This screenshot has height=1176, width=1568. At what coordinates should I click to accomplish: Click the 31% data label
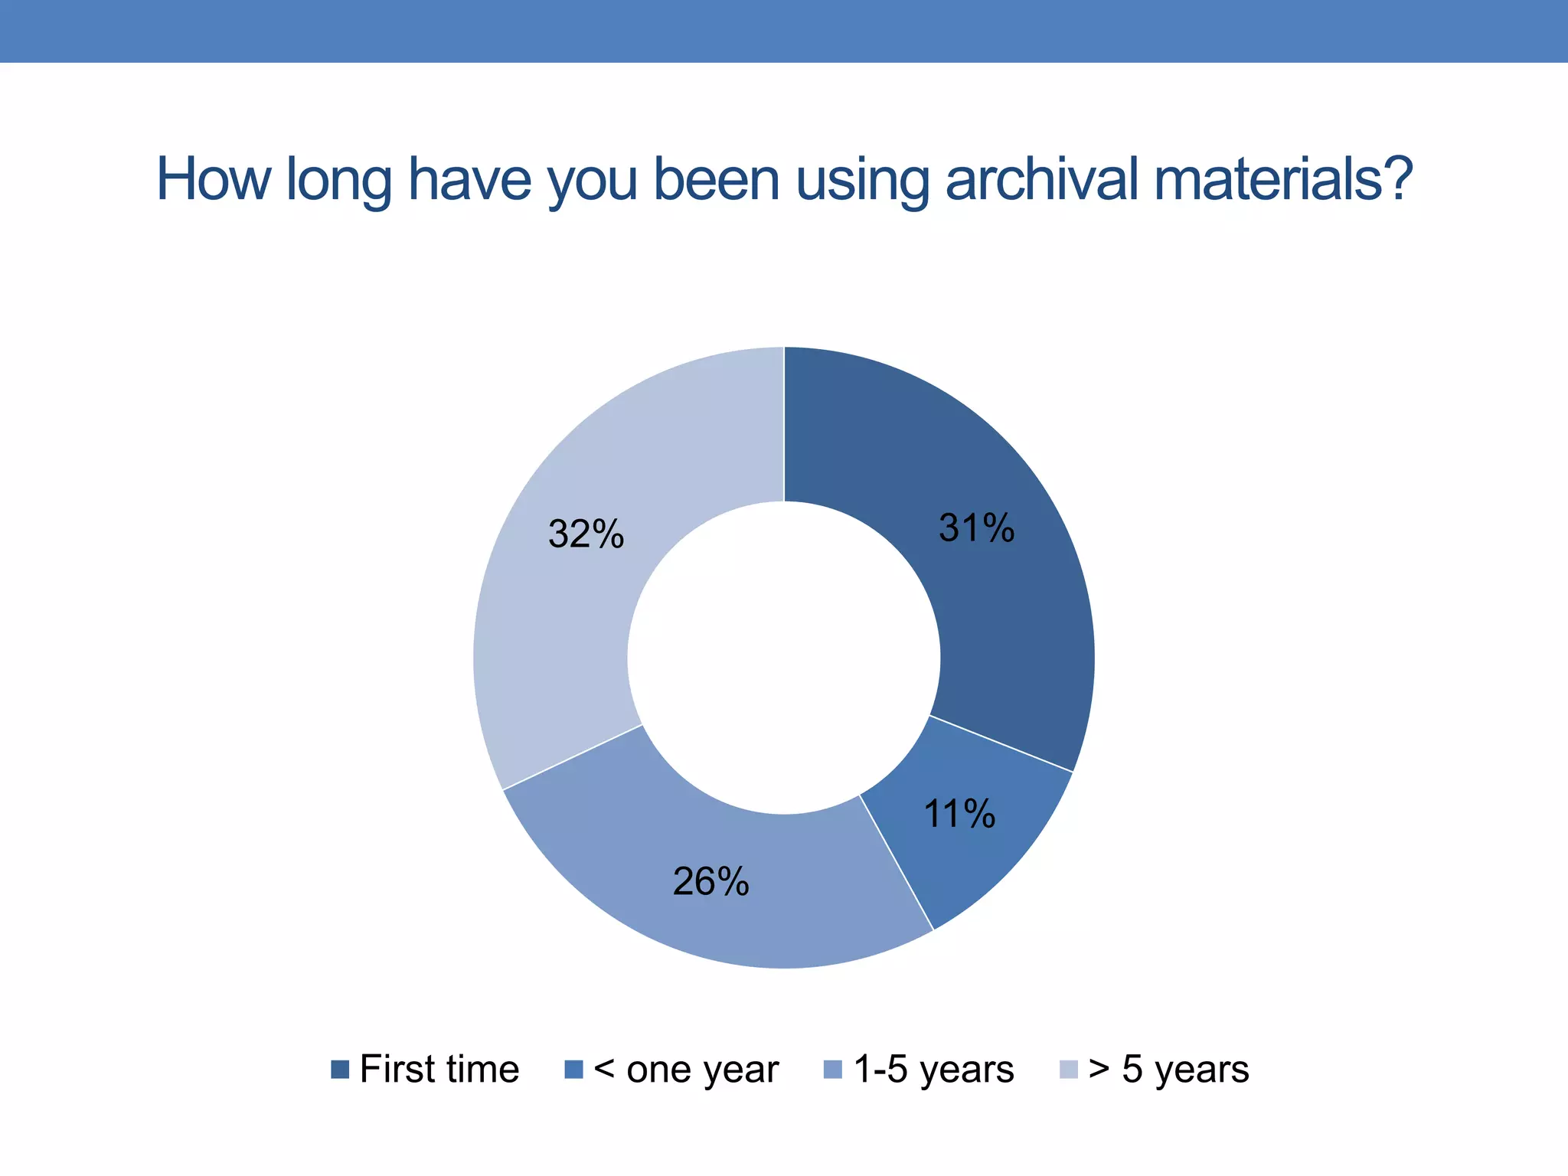point(976,528)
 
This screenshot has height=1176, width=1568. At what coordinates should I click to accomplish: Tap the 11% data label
point(959,814)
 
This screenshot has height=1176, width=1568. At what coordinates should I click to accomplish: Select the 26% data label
point(710,882)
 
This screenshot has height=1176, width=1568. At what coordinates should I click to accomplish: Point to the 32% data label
point(586,534)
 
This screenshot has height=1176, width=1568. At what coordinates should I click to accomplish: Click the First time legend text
point(439,1069)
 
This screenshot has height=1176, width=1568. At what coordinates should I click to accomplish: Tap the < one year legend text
point(686,1069)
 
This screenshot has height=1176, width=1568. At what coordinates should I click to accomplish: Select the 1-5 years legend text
point(933,1069)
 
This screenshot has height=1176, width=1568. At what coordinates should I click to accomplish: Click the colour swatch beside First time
point(340,1070)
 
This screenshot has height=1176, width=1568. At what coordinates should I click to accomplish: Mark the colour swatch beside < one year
point(574,1070)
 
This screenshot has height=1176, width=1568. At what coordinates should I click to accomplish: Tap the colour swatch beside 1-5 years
point(833,1070)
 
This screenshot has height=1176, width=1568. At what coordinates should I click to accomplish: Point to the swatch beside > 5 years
point(1068,1070)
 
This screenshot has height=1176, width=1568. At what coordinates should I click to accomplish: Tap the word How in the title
point(214,179)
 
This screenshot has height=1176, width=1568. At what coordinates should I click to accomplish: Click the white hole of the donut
point(784,658)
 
